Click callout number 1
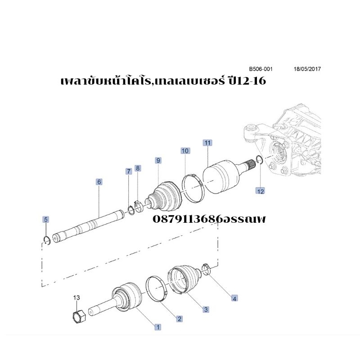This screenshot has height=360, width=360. [158, 327]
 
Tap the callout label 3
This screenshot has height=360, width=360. [206, 309]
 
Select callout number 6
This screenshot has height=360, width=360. [99, 182]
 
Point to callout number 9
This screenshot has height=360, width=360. [158, 160]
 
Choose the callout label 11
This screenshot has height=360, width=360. [207, 143]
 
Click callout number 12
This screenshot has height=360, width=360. [261, 191]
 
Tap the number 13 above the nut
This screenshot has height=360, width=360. [76, 297]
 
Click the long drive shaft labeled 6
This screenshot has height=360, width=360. [89, 226]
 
